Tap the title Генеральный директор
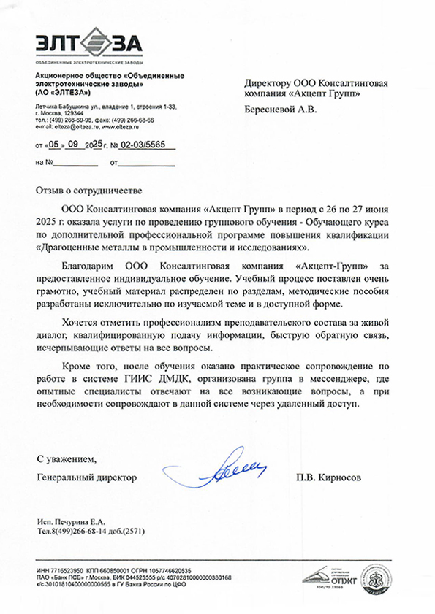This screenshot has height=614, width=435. pos(86,477)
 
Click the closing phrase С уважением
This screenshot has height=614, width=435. pos(66,459)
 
